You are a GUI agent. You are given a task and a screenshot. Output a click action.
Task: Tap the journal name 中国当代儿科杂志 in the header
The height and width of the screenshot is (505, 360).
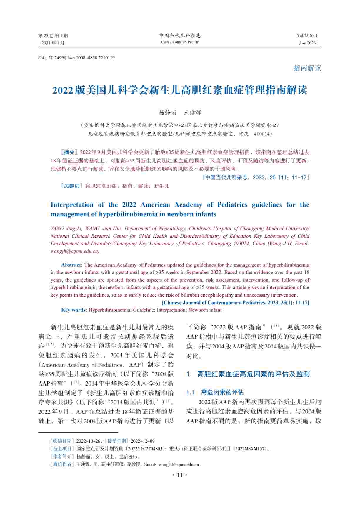pos(180,36)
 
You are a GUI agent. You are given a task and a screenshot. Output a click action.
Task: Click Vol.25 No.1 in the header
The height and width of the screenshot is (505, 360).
pos(307,36)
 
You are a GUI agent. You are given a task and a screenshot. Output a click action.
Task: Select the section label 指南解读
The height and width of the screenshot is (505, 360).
pos(307,68)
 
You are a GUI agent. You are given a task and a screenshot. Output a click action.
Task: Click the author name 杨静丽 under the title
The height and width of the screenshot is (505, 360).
pos(167,113)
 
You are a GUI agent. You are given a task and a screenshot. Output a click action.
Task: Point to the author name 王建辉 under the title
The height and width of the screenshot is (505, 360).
pos(192,113)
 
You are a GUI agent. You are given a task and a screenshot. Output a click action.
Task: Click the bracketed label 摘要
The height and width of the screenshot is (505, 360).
pos(69,152)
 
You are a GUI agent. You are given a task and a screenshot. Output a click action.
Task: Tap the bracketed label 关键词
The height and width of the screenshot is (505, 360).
pos(72,186)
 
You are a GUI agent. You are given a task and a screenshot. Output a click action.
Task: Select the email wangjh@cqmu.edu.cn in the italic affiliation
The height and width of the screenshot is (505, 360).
pos(75,251)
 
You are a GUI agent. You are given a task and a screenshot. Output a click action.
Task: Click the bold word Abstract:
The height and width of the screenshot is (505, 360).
pos(72,265)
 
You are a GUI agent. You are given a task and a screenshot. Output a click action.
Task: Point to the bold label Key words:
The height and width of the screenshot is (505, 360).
pos(74,310)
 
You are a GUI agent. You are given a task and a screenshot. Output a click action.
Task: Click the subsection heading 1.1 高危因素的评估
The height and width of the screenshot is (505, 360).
pos(215,392)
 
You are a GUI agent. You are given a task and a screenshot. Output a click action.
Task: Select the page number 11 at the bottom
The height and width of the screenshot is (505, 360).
pos(180,475)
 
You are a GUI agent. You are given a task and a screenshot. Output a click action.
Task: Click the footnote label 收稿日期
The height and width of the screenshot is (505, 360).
pos(62,441)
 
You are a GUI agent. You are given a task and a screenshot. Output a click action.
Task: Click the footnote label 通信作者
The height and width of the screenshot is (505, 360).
pos(62,464)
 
